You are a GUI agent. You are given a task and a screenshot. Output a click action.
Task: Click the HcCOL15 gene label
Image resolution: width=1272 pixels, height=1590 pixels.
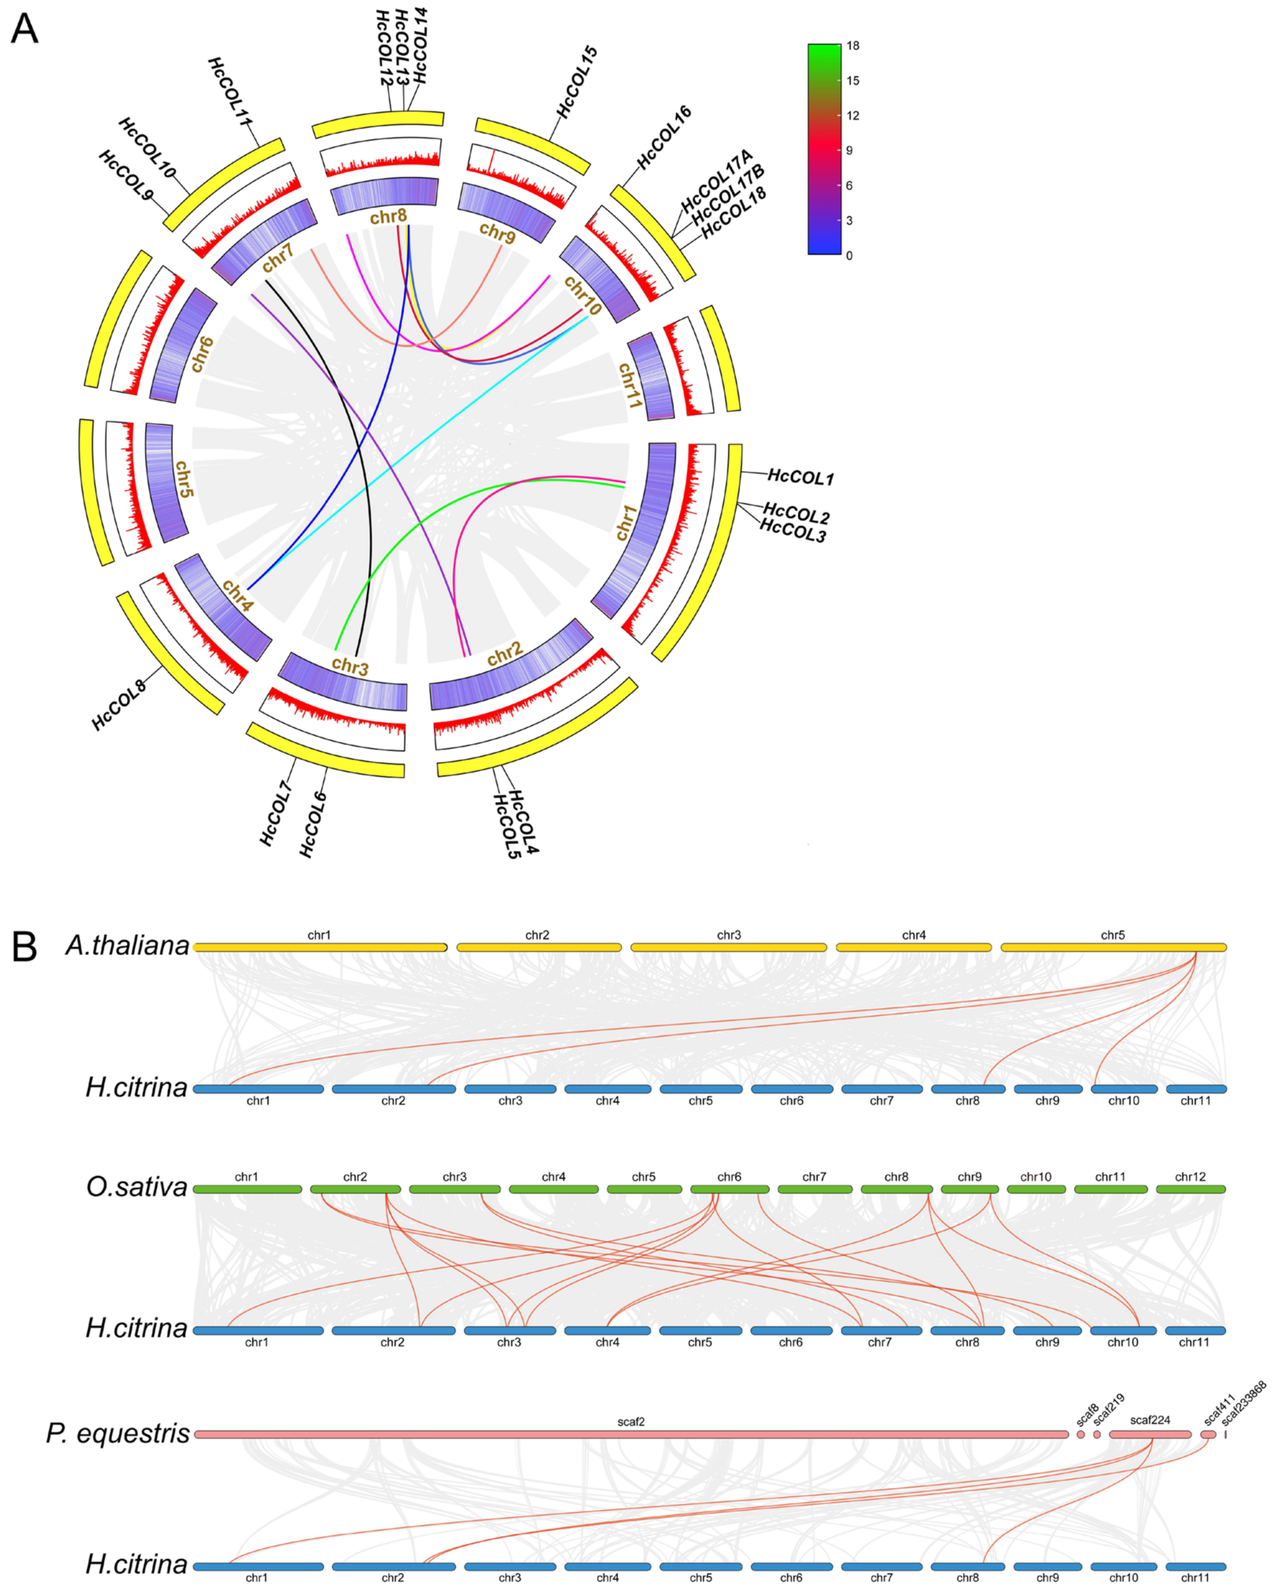click(x=577, y=82)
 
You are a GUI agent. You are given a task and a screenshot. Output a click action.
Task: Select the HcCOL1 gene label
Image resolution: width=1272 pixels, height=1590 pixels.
click(x=800, y=477)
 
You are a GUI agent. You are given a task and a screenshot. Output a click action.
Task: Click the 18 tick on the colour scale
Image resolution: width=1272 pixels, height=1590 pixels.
click(x=852, y=46)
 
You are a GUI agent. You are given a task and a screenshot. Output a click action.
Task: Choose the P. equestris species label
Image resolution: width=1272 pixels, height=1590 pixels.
click(x=118, y=1433)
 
